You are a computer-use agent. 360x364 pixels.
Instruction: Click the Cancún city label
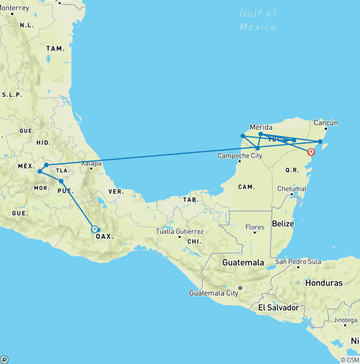pos(325,123)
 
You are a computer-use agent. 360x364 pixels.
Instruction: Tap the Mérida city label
pos(261,127)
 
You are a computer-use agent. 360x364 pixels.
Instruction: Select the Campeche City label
pos(240,155)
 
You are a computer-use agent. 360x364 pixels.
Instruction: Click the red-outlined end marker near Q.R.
pos(311,152)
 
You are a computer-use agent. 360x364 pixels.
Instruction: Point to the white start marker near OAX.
pos(95,229)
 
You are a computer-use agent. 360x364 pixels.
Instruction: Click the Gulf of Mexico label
pos(258,20)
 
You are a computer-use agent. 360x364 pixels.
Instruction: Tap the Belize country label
pos(283,224)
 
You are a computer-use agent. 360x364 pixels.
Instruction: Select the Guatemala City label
pos(214,293)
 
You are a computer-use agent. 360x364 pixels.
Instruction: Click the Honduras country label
pos(323,283)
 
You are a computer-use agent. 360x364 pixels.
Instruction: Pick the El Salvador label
pos(278,308)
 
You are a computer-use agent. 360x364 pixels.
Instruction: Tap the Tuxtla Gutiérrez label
pos(180,231)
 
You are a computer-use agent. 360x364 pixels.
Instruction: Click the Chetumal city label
pos(292,189)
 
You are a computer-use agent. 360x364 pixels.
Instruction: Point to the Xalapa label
pos(90,164)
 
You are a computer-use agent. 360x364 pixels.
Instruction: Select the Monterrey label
pos(15,8)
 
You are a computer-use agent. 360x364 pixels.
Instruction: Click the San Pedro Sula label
pos(298,261)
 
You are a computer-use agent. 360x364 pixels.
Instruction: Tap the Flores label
pos(255,227)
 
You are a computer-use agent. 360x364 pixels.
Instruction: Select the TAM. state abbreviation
pos(54,49)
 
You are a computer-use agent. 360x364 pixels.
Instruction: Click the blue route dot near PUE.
pos(61,181)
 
